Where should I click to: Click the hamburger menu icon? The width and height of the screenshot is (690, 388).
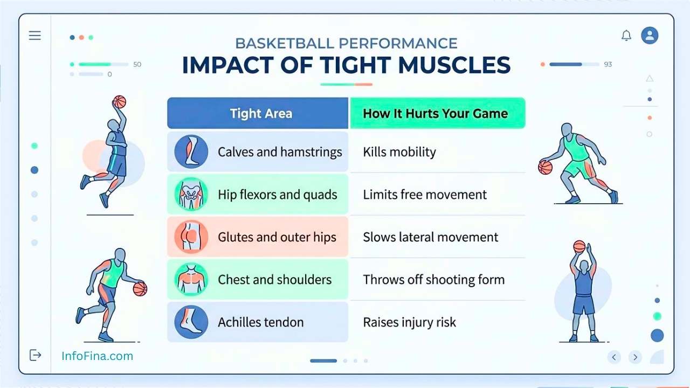[35, 36]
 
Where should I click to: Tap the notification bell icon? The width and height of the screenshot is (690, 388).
[626, 36]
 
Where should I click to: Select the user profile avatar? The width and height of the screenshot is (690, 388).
[650, 36]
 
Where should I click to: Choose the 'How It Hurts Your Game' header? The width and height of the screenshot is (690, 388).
[438, 113]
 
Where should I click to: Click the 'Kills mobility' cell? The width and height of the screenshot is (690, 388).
[399, 152]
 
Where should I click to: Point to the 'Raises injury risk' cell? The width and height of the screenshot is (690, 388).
[409, 322]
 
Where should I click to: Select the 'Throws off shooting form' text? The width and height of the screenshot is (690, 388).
[434, 280]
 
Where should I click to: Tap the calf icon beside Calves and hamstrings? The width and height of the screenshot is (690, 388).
[191, 151]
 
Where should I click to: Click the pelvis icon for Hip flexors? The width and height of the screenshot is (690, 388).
[191, 195]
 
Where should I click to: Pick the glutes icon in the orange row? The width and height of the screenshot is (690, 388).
[191, 237]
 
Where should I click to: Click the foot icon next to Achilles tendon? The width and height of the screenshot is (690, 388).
[191, 322]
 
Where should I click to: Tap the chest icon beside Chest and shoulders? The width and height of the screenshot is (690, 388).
[191, 279]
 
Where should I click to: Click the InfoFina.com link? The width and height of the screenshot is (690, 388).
[98, 356]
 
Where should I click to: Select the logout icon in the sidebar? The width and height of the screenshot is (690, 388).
[35, 355]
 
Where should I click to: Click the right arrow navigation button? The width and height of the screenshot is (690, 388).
[635, 357]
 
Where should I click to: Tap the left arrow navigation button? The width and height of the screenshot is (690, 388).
[614, 357]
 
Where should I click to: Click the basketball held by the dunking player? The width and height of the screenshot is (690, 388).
[120, 102]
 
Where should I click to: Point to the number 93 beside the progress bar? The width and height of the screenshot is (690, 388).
[608, 64]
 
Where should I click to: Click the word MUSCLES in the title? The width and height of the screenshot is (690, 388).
[454, 65]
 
